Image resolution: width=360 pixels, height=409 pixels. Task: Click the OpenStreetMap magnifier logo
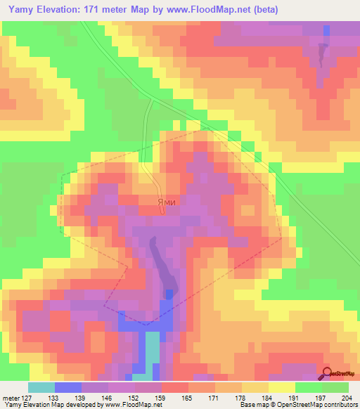click(327, 374)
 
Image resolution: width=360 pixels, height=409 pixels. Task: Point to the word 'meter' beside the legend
click(9, 397)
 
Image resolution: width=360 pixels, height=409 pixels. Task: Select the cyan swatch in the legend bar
click(41, 387)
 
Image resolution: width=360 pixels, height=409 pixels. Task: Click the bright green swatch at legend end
click(335, 387)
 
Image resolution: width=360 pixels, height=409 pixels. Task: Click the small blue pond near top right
click(327, 32)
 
